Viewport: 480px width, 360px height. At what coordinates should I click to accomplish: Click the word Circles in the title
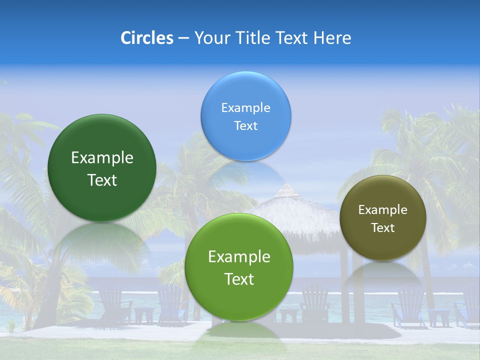click(146, 38)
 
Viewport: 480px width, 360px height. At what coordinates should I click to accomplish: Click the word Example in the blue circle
click(245, 108)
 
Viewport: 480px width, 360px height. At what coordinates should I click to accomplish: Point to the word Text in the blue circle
click(245, 126)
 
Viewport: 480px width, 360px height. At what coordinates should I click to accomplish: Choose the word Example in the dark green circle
click(102, 158)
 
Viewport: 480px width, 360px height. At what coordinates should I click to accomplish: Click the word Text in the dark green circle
click(102, 180)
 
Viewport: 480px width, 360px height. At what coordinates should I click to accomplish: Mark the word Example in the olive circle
click(383, 210)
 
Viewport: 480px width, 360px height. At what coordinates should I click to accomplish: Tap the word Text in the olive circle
click(383, 228)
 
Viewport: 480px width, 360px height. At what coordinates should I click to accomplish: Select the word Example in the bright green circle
click(239, 257)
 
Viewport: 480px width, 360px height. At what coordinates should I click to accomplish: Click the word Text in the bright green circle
click(239, 279)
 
